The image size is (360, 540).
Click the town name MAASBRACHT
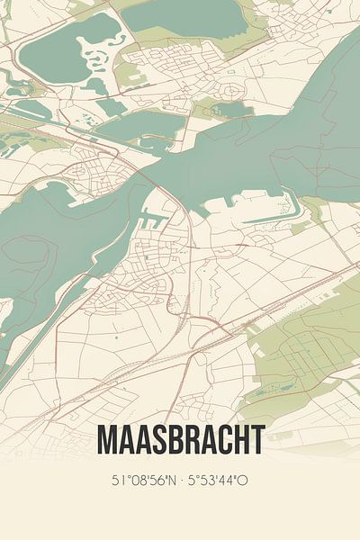coord(180,440)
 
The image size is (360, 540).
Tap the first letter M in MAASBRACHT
coord(107,440)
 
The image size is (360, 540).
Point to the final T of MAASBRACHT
coord(256,440)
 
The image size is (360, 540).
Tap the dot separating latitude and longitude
coord(180,480)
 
